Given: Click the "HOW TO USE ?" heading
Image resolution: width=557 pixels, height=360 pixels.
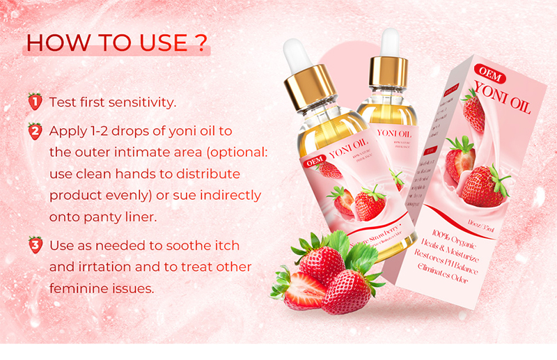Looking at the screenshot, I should pos(116,42).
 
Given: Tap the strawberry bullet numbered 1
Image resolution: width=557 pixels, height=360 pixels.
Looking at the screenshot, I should pos(34,102).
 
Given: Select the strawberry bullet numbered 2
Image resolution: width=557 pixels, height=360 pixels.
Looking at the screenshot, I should pos(34,131).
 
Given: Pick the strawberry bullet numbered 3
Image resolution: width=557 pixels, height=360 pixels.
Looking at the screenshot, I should pos(34,245).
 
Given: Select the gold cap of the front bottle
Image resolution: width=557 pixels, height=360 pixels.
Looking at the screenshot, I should pos(306,88).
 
